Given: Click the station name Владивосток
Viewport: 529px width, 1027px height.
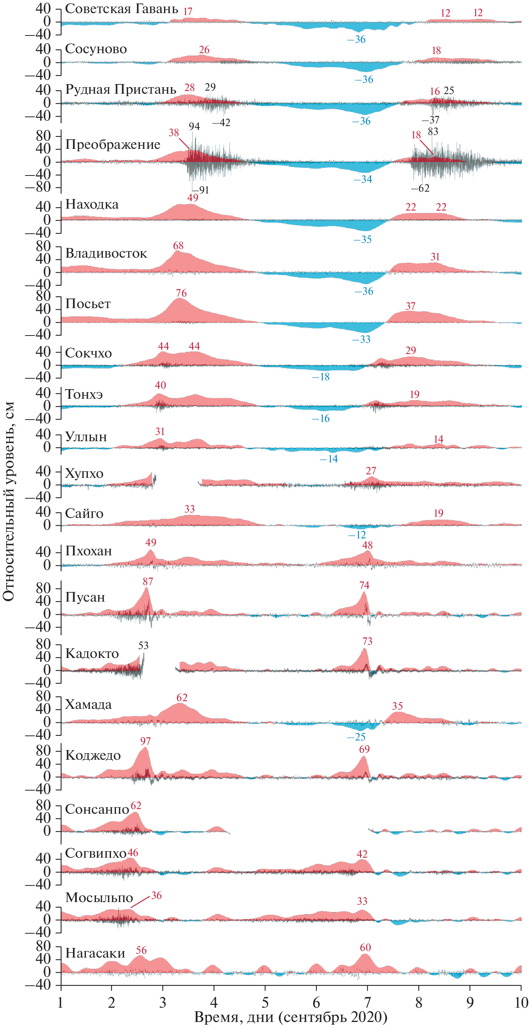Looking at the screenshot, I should [106, 253].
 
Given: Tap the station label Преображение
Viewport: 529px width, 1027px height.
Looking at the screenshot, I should [113, 144].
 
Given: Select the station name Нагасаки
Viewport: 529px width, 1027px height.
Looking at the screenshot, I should [95, 953].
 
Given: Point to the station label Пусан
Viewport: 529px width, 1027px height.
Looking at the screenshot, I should [85, 597].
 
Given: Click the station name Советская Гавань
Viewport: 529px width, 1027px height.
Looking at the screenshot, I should [121, 9].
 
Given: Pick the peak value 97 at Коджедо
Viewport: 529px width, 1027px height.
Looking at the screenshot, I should [145, 741].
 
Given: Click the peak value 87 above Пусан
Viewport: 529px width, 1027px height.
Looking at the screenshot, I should [148, 581].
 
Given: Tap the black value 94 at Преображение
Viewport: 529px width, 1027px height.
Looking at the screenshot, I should [194, 126].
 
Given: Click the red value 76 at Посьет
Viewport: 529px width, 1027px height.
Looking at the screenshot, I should [181, 293].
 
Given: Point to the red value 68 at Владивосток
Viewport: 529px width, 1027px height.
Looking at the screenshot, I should [178, 246].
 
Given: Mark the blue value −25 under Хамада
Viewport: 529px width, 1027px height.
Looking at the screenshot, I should [356, 737].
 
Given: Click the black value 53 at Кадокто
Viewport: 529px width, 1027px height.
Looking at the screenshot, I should [143, 646].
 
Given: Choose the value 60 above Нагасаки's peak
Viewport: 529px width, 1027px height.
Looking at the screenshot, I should [365, 947].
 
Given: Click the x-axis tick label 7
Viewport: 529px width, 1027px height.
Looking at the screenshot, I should [367, 1002].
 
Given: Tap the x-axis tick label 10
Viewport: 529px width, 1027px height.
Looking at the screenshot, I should [521, 1002].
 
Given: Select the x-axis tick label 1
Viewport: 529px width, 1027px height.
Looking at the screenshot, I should [60, 1002].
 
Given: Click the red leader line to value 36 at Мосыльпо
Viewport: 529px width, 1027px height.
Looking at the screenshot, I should [140, 902].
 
